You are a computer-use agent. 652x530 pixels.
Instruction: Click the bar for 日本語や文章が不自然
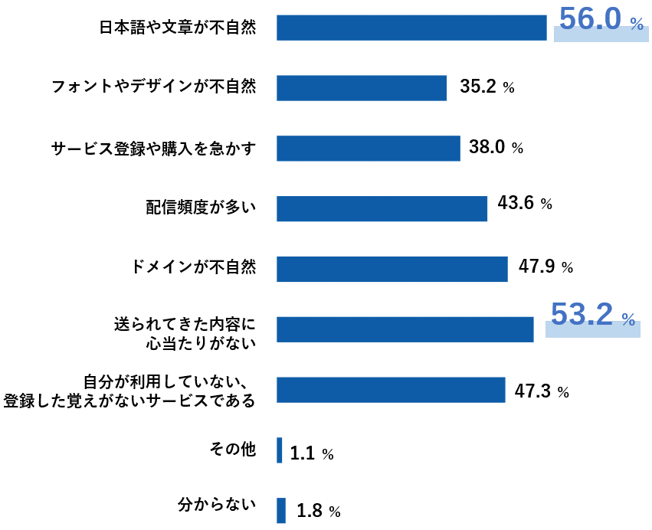tap(411, 28)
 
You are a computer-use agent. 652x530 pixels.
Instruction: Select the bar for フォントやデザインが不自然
tap(362, 88)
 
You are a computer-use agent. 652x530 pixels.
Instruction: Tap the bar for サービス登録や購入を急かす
tap(369, 149)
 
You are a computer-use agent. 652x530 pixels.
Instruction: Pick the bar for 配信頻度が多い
tap(382, 208)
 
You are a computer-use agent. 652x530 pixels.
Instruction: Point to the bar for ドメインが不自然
tap(392, 269)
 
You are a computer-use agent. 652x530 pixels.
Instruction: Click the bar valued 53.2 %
tap(405, 329)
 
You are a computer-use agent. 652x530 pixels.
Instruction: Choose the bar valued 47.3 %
tap(391, 390)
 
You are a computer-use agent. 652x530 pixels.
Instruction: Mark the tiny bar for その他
tap(280, 450)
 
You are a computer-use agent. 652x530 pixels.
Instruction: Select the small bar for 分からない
tap(281, 510)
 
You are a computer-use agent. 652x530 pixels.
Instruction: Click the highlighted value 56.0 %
tap(601, 21)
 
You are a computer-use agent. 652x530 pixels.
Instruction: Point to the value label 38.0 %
tap(496, 147)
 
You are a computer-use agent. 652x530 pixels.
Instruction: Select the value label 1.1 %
tap(312, 454)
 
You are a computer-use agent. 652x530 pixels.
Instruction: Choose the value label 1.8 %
tap(318, 511)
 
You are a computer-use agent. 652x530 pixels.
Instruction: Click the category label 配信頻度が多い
tap(201, 207)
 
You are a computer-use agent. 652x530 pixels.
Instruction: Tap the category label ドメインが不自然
tap(193, 267)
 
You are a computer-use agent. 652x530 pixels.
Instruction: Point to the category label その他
tap(231, 449)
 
